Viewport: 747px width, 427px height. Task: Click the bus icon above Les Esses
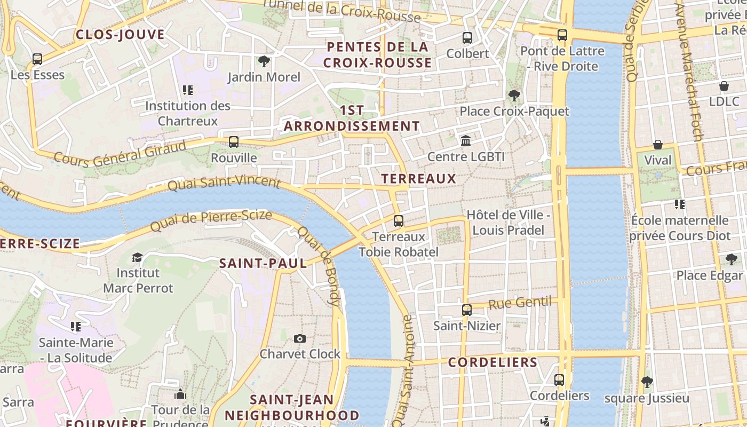(37, 59)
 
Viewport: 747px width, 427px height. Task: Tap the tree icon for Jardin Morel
(264, 61)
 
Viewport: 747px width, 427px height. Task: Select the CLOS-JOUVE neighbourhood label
(120, 35)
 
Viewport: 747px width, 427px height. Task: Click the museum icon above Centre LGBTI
(466, 141)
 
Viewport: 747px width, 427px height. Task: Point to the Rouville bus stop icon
(234, 142)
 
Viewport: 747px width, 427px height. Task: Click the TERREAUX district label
(419, 179)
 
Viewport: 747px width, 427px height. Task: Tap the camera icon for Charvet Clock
(300, 338)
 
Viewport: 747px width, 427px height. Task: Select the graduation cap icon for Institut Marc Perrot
(138, 257)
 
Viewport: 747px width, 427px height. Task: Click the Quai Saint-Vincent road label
(224, 183)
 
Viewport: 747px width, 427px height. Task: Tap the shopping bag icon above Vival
(658, 145)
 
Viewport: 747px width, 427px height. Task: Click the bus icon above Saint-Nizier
(467, 310)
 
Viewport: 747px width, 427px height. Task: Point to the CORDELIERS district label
(493, 362)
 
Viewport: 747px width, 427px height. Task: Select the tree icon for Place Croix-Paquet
(514, 96)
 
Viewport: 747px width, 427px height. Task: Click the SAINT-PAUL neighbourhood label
(263, 263)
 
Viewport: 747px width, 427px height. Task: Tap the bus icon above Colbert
(467, 37)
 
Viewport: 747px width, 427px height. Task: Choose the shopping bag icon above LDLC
(724, 86)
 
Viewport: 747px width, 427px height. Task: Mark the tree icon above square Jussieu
(647, 382)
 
